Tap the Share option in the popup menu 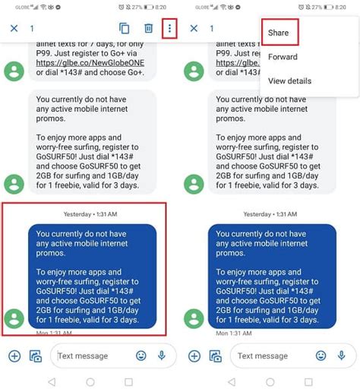tap(278, 33)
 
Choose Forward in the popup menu tap(283, 57)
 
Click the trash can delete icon tap(149, 29)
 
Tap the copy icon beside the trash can tap(125, 29)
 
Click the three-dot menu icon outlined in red tap(171, 29)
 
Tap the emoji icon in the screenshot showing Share tap(321, 356)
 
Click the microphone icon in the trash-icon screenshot tap(162, 356)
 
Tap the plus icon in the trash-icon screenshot tap(14, 356)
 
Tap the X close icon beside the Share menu tap(194, 29)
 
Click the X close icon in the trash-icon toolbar tap(14, 29)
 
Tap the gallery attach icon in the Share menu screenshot tap(215, 356)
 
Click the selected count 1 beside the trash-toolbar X tap(32, 29)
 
